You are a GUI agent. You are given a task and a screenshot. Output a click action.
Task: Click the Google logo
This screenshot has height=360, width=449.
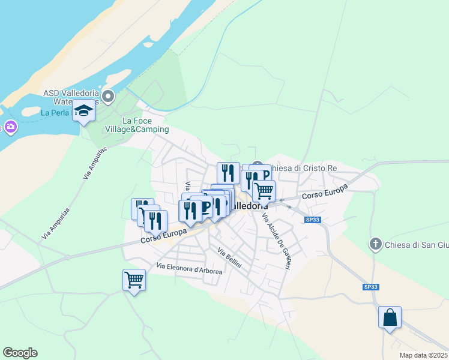click(x=20, y=353)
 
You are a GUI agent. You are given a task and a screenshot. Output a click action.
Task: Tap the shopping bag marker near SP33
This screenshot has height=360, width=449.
click(x=390, y=317)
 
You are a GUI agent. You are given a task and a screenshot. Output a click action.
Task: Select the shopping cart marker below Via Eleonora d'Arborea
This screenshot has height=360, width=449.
click(x=134, y=280)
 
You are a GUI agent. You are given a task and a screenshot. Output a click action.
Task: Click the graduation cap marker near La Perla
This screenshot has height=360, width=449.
click(x=83, y=111)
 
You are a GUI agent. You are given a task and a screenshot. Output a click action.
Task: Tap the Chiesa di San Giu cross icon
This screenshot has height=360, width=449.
click(x=376, y=244)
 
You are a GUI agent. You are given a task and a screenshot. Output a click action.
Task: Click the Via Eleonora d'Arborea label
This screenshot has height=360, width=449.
click(x=189, y=268)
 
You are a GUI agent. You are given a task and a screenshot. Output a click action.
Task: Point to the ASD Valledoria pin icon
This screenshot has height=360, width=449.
click(x=108, y=96)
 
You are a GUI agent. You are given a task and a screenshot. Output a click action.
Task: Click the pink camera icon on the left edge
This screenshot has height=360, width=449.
click(x=10, y=127)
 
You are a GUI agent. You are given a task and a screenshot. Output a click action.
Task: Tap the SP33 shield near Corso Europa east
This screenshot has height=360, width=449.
click(x=312, y=220)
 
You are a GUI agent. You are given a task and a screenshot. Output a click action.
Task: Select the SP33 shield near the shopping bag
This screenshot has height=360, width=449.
click(x=370, y=287)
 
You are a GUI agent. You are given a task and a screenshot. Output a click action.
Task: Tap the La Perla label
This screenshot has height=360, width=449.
click(x=54, y=112)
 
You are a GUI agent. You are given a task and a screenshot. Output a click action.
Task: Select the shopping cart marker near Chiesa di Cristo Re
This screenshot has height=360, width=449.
click(x=263, y=191)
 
